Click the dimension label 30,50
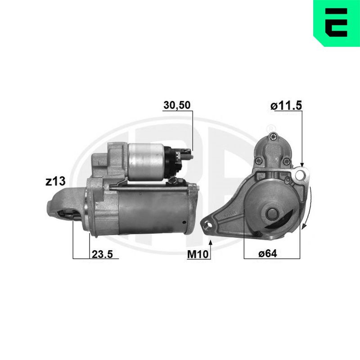[177, 105]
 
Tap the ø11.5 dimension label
[286, 106]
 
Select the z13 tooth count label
[55, 181]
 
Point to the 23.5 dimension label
[103, 254]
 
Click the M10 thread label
[198, 254]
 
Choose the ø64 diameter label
[268, 254]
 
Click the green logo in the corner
[337, 23]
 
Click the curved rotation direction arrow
[308, 208]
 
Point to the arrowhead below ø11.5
[302, 164]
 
